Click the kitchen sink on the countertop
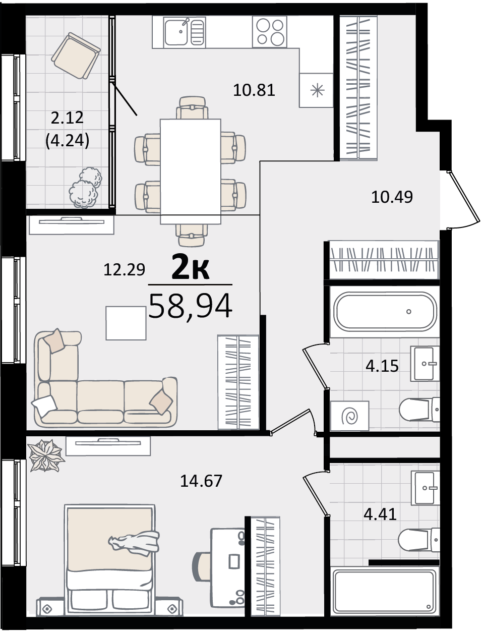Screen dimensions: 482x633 pos(184,31)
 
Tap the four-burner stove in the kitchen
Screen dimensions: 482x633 pos(270,31)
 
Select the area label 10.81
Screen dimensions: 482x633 pos(254,90)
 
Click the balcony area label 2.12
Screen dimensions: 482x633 pos(67,118)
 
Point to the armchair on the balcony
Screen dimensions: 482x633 pos(76,55)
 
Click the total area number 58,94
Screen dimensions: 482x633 pos(190,306)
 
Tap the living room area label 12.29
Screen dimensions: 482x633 pos(124,270)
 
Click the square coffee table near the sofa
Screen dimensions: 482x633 pos(126,323)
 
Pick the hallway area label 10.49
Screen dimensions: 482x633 pos(392,197)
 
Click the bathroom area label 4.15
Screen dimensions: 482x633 pos(382,366)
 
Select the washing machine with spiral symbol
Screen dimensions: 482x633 pos(350,416)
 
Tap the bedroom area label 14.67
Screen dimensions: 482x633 pos(201,481)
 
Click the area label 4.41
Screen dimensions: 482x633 pos(380,514)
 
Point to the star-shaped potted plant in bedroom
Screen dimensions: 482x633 pos(46,455)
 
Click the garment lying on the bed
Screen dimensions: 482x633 pos(134,543)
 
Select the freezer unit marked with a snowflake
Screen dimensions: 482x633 pos(316,90)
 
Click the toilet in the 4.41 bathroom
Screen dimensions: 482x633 pos(419,539)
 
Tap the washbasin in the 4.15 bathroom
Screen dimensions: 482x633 pos(425,364)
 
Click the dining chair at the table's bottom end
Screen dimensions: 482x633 pos(192,236)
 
